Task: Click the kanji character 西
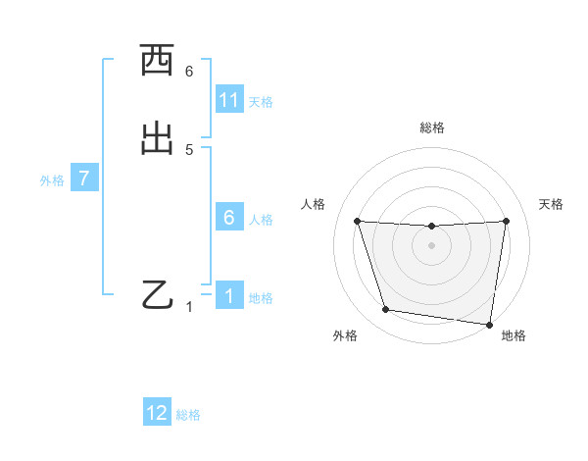(157, 61)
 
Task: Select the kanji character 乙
(157, 294)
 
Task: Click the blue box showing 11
(229, 100)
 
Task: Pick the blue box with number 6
(229, 218)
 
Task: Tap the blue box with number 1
(229, 295)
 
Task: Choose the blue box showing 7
(84, 179)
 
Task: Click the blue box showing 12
(157, 413)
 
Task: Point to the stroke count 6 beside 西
(189, 72)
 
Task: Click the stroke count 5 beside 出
(189, 150)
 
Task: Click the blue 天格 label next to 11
(261, 102)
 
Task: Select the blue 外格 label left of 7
(52, 180)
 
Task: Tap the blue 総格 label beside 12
(188, 415)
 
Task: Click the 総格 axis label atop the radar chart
(432, 128)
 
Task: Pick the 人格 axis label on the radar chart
(313, 204)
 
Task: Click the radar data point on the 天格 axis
(507, 221)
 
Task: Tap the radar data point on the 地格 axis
(489, 324)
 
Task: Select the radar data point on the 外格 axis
(386, 310)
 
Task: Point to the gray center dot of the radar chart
(432, 245)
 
